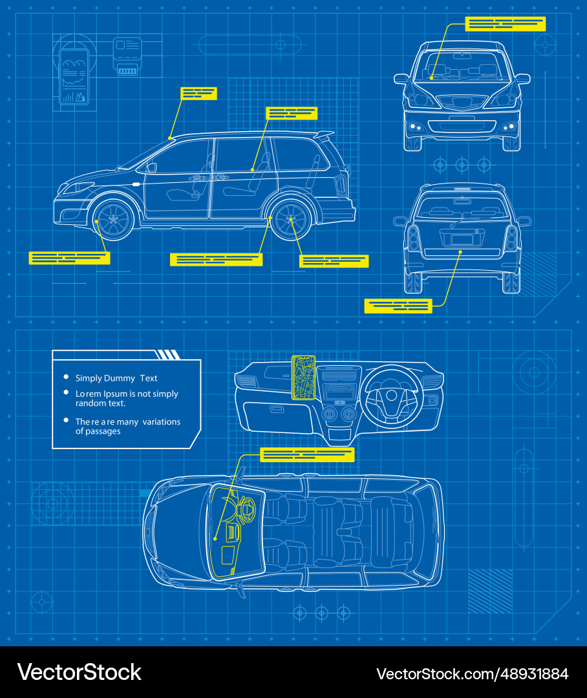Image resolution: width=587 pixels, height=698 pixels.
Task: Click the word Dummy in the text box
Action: click(x=122, y=378)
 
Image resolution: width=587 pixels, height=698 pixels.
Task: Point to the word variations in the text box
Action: click(x=162, y=421)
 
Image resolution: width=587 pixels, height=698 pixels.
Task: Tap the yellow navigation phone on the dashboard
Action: click(x=303, y=377)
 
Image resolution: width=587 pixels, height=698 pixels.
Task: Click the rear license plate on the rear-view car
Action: click(x=462, y=239)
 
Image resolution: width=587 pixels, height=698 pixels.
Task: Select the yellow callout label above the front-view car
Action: click(x=505, y=23)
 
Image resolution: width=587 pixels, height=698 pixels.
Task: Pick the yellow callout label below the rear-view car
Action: click(x=398, y=306)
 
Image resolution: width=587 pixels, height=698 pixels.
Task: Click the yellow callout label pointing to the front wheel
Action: click(x=69, y=258)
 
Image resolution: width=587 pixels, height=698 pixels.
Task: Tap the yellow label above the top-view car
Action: click(x=307, y=455)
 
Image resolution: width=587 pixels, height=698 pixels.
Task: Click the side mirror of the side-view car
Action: click(x=151, y=167)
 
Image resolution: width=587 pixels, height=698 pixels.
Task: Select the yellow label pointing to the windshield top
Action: click(x=198, y=93)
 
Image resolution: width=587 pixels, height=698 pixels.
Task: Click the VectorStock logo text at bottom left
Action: click(x=79, y=672)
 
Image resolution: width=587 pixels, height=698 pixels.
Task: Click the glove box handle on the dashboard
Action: click(x=277, y=409)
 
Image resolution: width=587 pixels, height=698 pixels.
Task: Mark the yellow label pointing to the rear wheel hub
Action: click(x=334, y=261)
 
